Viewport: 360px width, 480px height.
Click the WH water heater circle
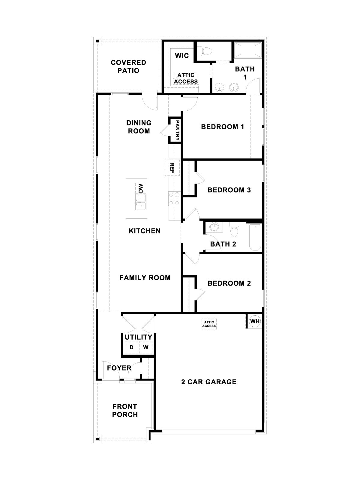pos(255,321)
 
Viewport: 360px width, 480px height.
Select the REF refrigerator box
pos(172,168)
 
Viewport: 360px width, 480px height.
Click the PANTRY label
pos(177,130)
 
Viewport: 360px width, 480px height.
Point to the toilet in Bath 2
pos(233,229)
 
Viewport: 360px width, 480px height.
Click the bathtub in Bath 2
pos(255,237)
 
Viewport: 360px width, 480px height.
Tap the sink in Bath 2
pos(214,227)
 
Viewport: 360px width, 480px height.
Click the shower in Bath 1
pos(248,50)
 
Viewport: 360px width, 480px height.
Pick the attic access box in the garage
pos(209,324)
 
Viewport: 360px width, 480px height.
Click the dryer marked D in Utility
pos(131,347)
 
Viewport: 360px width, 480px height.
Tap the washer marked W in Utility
pos(145,347)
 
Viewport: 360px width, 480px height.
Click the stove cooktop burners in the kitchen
pos(174,199)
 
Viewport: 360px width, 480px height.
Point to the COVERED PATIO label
pos(128,66)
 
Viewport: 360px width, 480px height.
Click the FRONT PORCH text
pos(125,410)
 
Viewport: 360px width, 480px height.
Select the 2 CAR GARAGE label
pos(209,382)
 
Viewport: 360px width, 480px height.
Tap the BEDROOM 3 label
pos(229,190)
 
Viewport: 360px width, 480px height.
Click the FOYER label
pos(119,368)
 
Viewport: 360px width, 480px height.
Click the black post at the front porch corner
pos(97,439)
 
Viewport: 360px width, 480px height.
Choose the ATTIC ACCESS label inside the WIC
pos(186,78)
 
